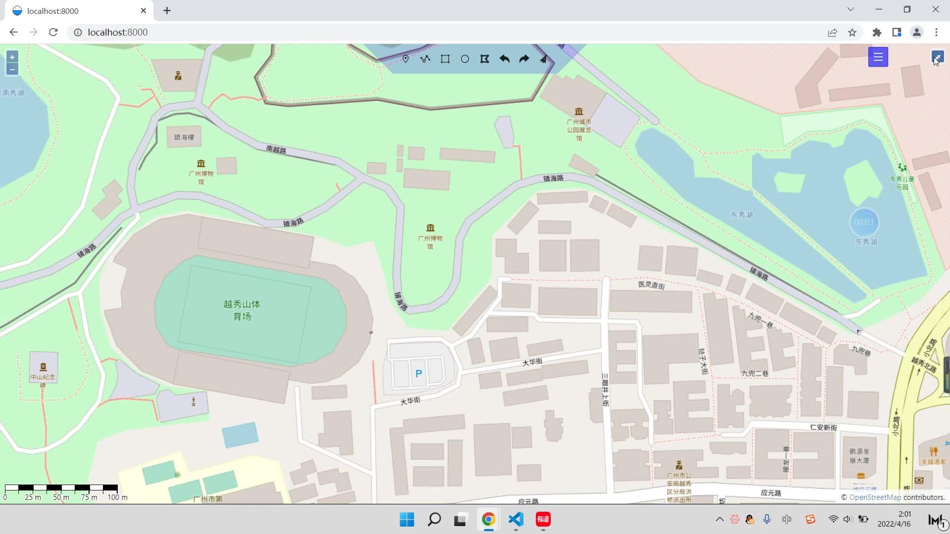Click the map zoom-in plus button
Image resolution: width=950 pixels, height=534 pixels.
(x=12, y=57)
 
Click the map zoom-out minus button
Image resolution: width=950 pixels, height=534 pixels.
(x=12, y=69)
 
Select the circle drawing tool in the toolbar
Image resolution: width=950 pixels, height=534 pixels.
(x=465, y=59)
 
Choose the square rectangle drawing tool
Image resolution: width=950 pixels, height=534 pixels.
(x=445, y=59)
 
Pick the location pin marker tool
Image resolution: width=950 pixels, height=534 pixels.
(x=405, y=59)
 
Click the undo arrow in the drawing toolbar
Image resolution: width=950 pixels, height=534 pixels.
(x=504, y=59)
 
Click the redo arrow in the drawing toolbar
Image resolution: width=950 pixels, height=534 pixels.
(x=524, y=59)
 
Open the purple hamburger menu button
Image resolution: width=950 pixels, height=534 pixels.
(x=878, y=57)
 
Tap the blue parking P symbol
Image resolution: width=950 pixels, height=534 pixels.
(x=419, y=374)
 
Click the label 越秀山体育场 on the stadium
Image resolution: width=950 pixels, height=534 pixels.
(x=242, y=310)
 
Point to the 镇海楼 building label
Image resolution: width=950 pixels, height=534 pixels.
(x=184, y=137)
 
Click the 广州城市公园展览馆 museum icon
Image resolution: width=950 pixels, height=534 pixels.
(x=578, y=112)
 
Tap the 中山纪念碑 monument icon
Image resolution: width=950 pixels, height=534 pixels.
(x=43, y=367)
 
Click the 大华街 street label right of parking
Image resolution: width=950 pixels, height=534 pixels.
(x=532, y=362)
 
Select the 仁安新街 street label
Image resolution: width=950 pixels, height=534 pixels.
(x=823, y=427)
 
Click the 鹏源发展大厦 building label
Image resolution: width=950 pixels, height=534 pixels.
(x=859, y=456)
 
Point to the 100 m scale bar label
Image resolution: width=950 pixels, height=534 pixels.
(x=117, y=497)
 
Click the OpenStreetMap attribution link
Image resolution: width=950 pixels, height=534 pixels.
(x=875, y=497)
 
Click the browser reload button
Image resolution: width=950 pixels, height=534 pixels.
(x=53, y=32)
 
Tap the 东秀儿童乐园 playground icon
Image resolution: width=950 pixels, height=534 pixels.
(x=902, y=168)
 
